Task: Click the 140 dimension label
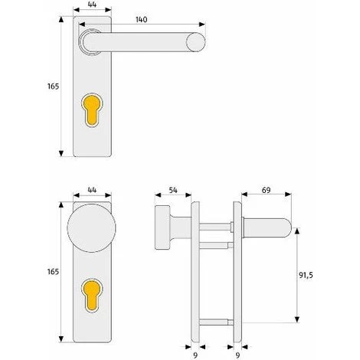141,19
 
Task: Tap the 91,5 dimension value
306,275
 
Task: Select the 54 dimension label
173,190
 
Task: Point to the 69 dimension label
266,190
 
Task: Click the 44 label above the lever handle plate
92,5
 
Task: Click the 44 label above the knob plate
92,190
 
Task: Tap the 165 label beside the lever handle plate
53,87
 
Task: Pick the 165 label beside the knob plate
53,271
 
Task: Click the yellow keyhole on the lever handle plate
92,110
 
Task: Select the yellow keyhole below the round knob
92,296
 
